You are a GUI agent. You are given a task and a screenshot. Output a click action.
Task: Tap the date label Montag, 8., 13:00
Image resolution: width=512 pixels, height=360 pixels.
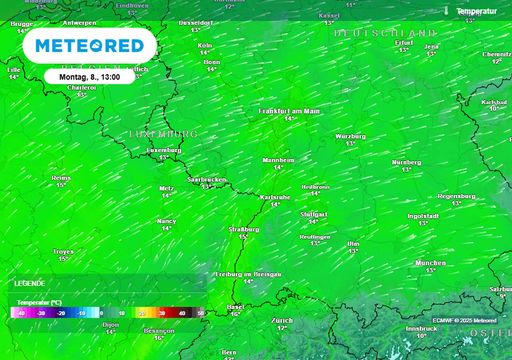[89, 76]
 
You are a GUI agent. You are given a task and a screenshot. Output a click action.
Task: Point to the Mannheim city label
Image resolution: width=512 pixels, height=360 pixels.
[278, 159]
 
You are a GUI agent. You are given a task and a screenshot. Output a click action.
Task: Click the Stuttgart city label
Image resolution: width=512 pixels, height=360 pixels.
[314, 214]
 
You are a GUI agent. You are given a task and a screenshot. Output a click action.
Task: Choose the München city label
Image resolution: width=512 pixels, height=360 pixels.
[430, 262]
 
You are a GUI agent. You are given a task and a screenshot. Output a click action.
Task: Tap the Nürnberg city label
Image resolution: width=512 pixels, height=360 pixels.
[406, 161]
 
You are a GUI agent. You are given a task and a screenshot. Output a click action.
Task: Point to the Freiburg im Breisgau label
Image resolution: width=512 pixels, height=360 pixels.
[246, 273]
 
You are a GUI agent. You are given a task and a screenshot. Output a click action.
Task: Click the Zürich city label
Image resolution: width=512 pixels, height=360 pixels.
[281, 320]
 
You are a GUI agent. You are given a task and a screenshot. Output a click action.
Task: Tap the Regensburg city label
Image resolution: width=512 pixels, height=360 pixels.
[457, 196]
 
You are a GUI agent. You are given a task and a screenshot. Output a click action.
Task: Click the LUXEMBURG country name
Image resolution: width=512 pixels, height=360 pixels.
[164, 133]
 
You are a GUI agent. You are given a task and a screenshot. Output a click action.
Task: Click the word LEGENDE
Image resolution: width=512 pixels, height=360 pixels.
[29, 283]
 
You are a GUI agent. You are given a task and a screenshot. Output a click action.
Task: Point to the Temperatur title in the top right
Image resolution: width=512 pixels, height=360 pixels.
[478, 10]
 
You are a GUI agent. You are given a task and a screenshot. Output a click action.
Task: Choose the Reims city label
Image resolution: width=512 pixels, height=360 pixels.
[61, 177]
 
